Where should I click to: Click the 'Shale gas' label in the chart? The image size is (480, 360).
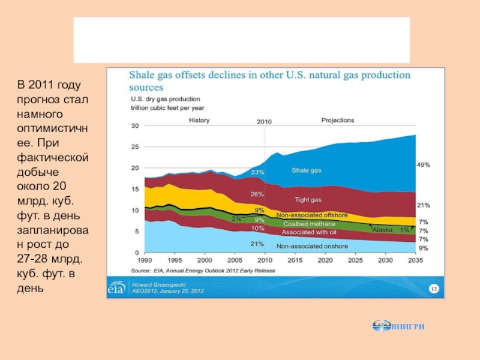pos(306,170)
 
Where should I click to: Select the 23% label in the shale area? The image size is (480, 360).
pos(258,172)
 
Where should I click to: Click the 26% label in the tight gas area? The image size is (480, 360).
pos(258,194)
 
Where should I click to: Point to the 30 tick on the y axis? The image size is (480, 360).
pos(135,126)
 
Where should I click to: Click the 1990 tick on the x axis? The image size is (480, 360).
pos(145,261)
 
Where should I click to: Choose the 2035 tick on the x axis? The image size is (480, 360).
pos(415,261)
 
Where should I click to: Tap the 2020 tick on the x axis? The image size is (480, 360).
pos(325,261)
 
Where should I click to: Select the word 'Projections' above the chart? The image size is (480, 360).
pos(338,120)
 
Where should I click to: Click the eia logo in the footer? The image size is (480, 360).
pos(116,289)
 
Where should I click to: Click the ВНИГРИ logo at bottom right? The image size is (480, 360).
pos(398,326)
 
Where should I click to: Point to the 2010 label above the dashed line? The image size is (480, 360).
pos(265,121)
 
